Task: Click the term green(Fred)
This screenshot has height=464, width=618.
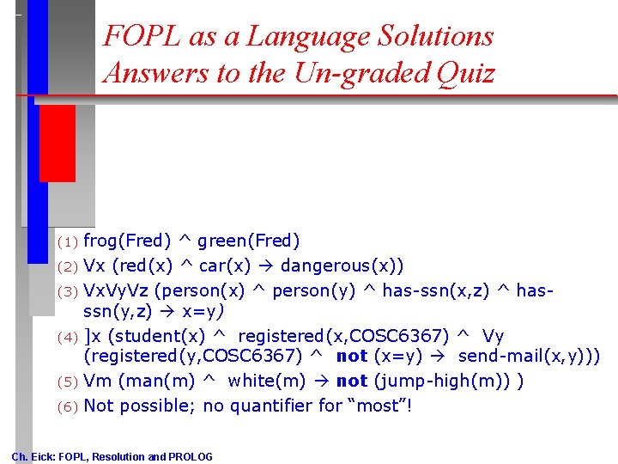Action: coord(249,241)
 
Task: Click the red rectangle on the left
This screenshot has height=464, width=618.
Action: coord(57,143)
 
